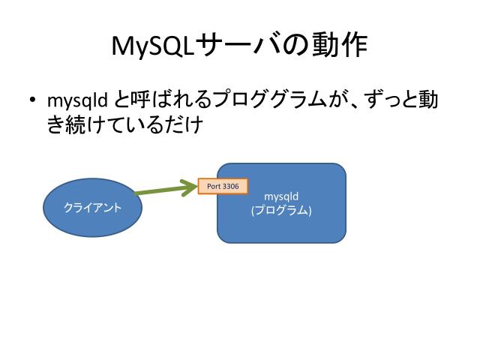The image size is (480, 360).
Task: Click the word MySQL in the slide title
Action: pyautogui.click(x=153, y=46)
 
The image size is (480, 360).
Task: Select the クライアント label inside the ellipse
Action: pyautogui.click(x=93, y=207)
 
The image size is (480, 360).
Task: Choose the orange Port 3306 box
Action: pyautogui.click(x=223, y=186)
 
